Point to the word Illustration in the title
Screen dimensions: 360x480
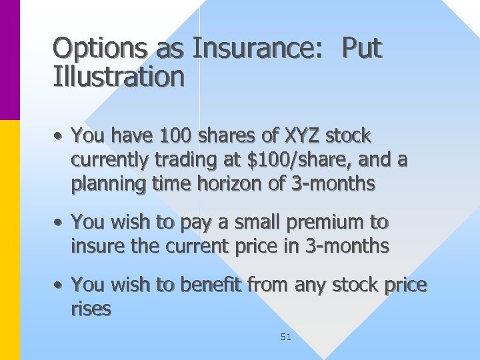[x=119, y=77]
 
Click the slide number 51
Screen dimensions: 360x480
[x=286, y=337]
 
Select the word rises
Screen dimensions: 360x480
[x=91, y=309]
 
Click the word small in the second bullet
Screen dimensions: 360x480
[x=257, y=221]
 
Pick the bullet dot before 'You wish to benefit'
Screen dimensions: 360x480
[x=59, y=286]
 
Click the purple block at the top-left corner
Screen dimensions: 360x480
[x=9, y=60]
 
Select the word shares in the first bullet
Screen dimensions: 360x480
[x=227, y=136]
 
